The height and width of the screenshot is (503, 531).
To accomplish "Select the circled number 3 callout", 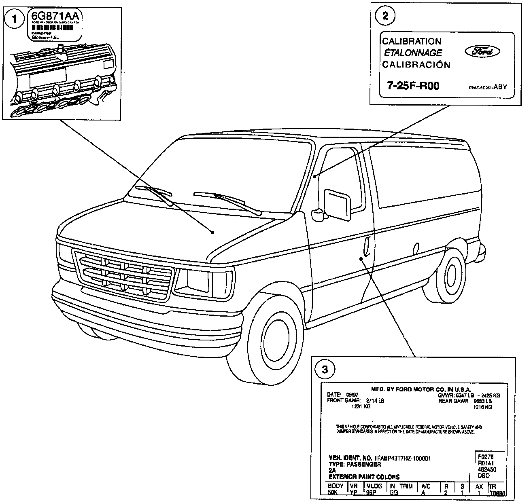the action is (x=325, y=368).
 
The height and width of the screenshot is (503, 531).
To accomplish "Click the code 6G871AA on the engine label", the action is (x=55, y=17).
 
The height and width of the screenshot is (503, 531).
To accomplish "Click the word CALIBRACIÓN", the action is (x=416, y=65).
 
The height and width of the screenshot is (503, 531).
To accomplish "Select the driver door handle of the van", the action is (x=367, y=247).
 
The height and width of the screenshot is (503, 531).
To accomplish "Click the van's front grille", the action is (x=124, y=275).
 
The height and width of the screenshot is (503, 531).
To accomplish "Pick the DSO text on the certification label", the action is (x=484, y=476).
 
